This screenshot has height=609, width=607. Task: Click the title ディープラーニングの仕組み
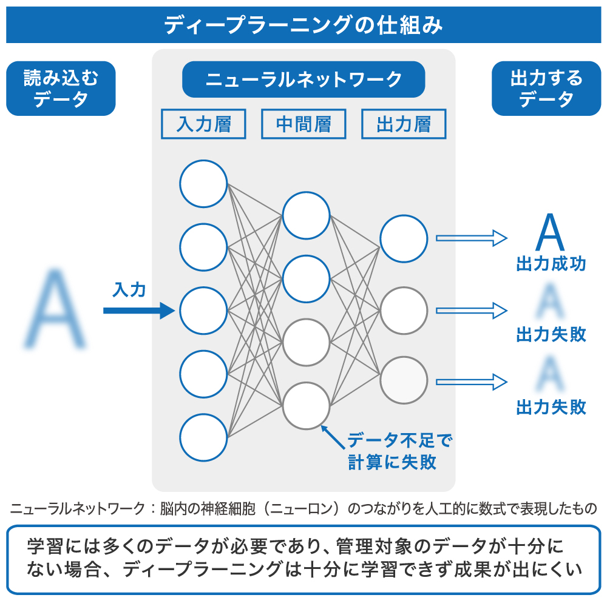pos(303,25)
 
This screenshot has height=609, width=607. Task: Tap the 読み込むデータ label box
pos(61,89)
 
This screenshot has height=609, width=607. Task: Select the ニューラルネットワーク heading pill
pos(303,79)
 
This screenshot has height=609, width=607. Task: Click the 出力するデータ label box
pos(546,89)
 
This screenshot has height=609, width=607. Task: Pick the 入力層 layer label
pos(203,124)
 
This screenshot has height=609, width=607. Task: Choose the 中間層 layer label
pos(303,124)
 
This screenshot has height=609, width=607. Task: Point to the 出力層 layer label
pos(404,124)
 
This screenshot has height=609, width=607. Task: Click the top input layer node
pos(203,184)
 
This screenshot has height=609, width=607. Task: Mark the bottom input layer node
pos(203,437)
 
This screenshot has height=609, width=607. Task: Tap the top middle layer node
pos(306,215)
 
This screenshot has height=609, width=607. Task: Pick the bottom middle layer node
pos(306,406)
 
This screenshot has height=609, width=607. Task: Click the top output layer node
pos(404,238)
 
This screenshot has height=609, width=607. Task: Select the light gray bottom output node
pos(404,380)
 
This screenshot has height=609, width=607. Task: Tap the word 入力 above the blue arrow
pos(129,290)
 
